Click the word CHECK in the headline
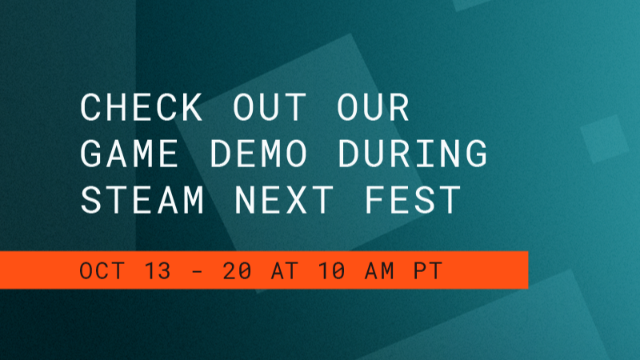coord(142,107)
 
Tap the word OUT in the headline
coord(270,107)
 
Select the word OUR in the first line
coord(373,107)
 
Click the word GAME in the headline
coord(129,154)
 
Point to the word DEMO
coord(258,154)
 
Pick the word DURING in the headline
coord(413,154)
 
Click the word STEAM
coord(142,200)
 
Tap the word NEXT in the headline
coord(284,200)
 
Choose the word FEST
coord(413,200)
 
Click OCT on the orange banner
coord(102,270)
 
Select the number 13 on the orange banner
coord(158,270)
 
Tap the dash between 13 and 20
coord(197,271)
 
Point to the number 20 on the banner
coord(237,270)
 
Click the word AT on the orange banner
coord(285,270)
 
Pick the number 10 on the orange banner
coord(332,270)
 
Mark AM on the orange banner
coord(379,270)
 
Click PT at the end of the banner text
coord(428,270)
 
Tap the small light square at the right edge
coord(605,139)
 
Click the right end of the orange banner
coord(528,270)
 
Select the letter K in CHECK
coord(191,107)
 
